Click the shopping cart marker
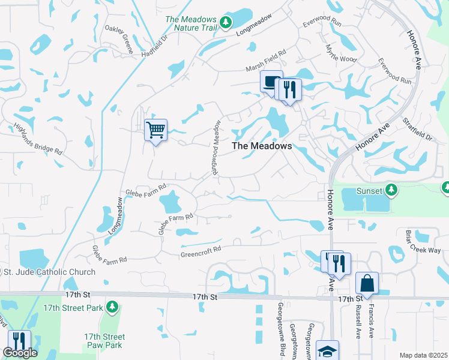point(156,129)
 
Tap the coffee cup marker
point(270,81)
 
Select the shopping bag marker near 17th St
point(366,284)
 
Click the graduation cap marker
point(328,351)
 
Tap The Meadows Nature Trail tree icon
point(226,23)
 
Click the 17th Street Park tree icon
point(112,307)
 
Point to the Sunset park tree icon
point(391,190)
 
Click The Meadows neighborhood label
point(262,146)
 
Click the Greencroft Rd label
point(201,251)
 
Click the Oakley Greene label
point(119,35)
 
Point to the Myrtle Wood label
point(340,53)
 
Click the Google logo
point(20,353)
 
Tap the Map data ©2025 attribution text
point(423,355)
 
